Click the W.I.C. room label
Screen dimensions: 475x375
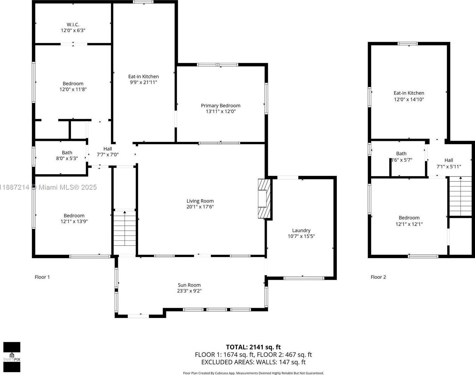coord(73,25)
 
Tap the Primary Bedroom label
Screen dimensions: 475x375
coord(221,105)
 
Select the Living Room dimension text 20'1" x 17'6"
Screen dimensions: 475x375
coord(200,207)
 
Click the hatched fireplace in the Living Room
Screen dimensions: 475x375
coord(264,198)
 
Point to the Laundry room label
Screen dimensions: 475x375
coord(301,230)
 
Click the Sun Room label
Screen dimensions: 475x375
coord(189,285)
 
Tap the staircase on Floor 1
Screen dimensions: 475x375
coord(124,228)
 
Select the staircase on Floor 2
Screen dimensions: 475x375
coord(460,196)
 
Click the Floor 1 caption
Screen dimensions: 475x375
coord(42,277)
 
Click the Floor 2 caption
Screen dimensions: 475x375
coord(378,277)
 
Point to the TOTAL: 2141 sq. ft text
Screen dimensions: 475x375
coord(253,347)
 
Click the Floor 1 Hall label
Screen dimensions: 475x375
coord(108,149)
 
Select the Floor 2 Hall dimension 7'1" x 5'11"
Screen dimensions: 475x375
coord(449,166)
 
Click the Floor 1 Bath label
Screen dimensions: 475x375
coord(67,152)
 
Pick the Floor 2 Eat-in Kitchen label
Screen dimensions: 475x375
coord(409,93)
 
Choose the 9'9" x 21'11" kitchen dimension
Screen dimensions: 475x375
coord(143,82)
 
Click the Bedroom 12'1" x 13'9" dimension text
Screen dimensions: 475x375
coord(74,221)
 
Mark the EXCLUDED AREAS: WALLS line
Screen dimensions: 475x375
coord(253,362)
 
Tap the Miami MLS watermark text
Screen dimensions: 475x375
coord(48,187)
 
